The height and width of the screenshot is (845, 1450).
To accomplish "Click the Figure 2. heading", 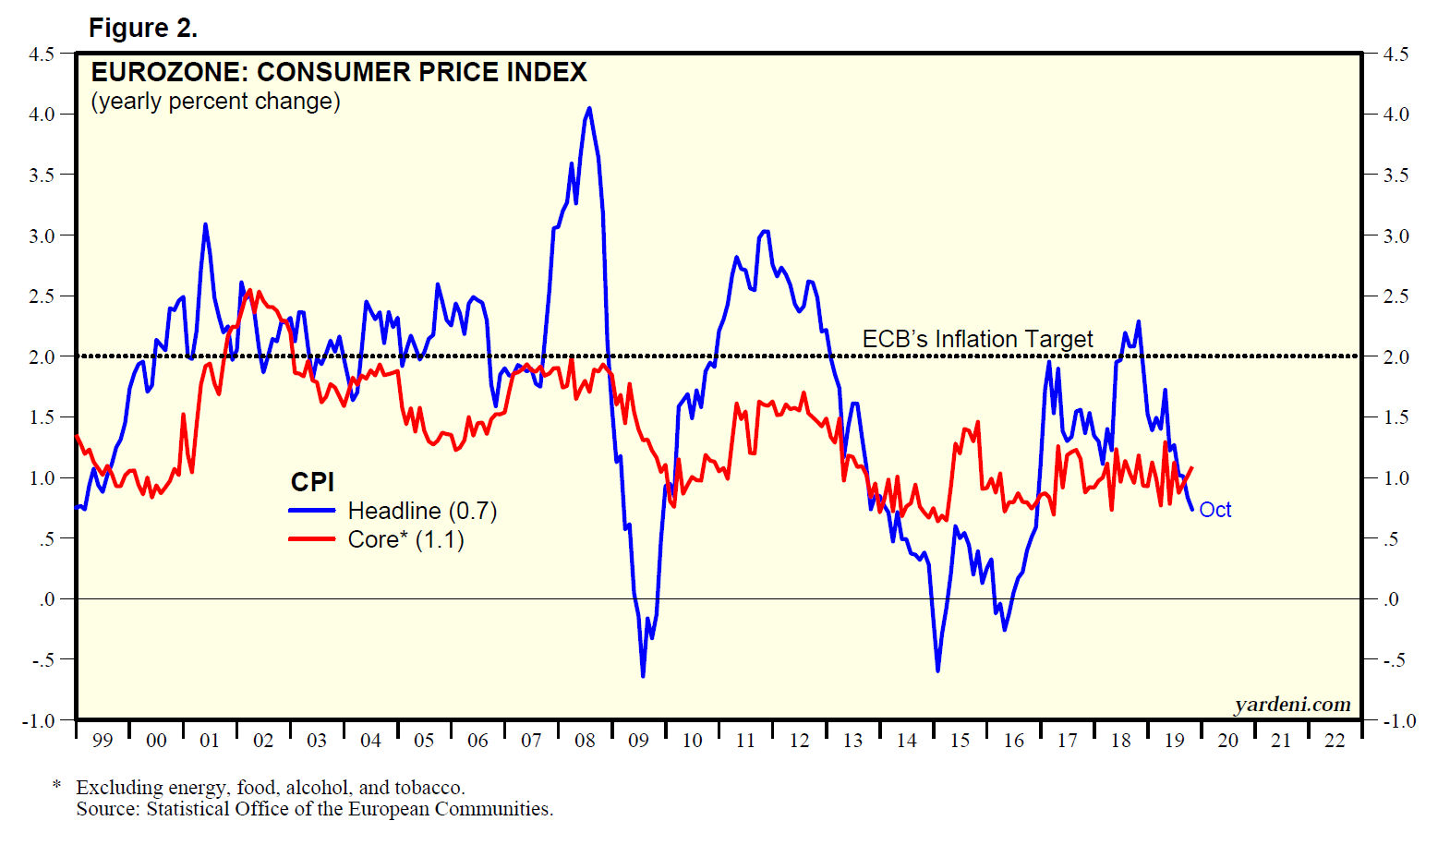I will pos(143,29).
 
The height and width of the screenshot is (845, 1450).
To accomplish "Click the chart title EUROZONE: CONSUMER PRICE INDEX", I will pos(339,72).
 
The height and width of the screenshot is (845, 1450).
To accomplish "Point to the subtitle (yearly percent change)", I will pos(215,101).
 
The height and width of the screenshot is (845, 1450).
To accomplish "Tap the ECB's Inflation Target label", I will pos(977,339).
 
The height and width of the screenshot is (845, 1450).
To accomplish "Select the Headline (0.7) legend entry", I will pos(422,511).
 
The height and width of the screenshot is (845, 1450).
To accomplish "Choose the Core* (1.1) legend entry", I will pos(405,539).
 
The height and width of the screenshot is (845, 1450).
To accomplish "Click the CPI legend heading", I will pos(312,482).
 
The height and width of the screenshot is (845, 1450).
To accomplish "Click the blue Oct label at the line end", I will pos(1214,510).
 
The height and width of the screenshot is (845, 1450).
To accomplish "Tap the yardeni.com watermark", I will pos(1292,705).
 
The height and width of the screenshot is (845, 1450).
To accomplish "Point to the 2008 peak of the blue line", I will pos(589,108).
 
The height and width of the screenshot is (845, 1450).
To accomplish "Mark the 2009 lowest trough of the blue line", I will pos(643,676).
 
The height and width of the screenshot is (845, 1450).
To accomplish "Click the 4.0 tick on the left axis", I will pos(42,115).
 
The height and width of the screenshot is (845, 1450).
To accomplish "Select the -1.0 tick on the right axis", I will pos(1398,720).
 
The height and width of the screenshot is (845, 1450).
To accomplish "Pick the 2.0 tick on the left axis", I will pos(42,356).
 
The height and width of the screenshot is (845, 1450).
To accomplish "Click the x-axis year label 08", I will pos(585,741).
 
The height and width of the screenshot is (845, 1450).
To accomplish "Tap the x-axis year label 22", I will pos(1335,741).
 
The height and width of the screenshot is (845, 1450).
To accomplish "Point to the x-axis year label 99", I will pos(103,741).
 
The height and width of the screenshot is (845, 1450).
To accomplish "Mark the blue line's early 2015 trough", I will pos(937,670).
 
